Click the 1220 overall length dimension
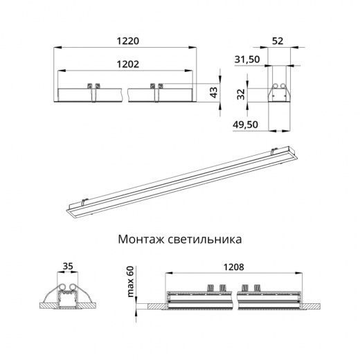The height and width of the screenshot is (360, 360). point(125,41)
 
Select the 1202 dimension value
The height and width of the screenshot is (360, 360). point(125,63)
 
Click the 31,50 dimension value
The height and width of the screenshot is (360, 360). point(247,60)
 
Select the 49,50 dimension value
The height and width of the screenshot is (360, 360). point(247,125)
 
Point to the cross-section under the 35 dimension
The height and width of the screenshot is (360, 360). point(68,297)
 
